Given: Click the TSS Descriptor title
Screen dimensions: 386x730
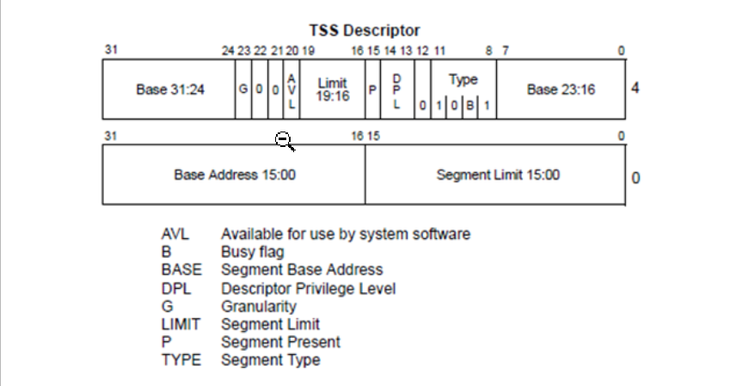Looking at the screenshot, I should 365,32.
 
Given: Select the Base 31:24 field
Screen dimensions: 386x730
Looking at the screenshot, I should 169,89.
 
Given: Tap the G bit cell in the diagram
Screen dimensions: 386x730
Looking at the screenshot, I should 242,89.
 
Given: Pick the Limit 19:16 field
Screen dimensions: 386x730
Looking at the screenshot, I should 332,89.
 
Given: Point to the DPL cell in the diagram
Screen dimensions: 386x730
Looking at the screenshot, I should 397,89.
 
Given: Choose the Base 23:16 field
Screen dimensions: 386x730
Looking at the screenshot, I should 561,89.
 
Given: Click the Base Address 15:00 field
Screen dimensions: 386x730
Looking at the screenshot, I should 234,175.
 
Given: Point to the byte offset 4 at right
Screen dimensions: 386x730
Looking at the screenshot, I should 635,88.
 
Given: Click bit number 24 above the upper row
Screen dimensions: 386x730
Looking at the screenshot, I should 228,51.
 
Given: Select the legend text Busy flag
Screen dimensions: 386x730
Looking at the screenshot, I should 252,252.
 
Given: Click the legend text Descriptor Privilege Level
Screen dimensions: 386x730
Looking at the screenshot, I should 308,288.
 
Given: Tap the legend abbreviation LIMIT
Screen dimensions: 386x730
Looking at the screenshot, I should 180,324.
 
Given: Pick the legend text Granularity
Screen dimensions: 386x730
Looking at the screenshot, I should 258,306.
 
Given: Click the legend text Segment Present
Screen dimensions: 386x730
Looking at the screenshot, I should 280,342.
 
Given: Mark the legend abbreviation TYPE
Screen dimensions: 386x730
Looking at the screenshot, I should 181,360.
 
